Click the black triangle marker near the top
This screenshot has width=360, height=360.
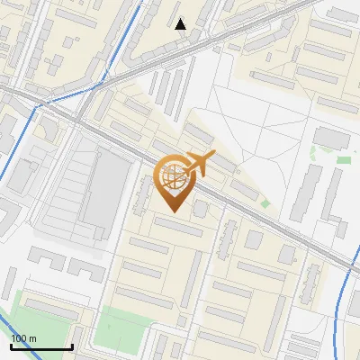[x=181, y=24]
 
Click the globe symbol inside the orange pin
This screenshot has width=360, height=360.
[x=172, y=177]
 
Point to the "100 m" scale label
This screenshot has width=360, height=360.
[x=23, y=338]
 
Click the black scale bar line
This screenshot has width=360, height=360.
[x=41, y=346]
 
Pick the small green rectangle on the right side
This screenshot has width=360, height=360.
[x=343, y=160]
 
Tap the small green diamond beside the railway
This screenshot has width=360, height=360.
[x=265, y=203]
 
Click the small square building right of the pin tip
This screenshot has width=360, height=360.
[x=201, y=209]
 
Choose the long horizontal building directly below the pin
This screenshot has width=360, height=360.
[x=176, y=227]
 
